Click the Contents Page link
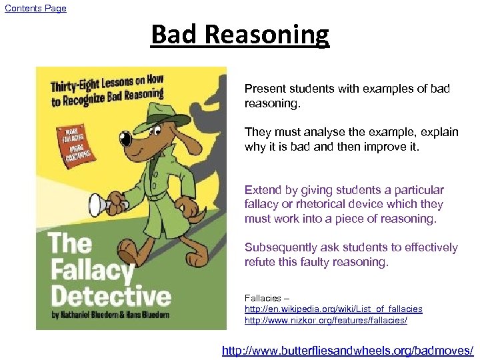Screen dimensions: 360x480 (35, 8)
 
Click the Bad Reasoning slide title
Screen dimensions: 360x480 (240, 35)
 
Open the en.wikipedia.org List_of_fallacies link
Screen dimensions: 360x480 (333, 309)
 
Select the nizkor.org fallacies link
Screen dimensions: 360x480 (325, 321)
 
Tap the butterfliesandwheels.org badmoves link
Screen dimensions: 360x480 (347, 350)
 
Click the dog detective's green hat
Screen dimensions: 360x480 (163, 114)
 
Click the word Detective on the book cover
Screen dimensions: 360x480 (111, 295)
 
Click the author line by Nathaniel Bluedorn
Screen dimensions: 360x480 (111, 315)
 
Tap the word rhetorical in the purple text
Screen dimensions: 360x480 (313, 204)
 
